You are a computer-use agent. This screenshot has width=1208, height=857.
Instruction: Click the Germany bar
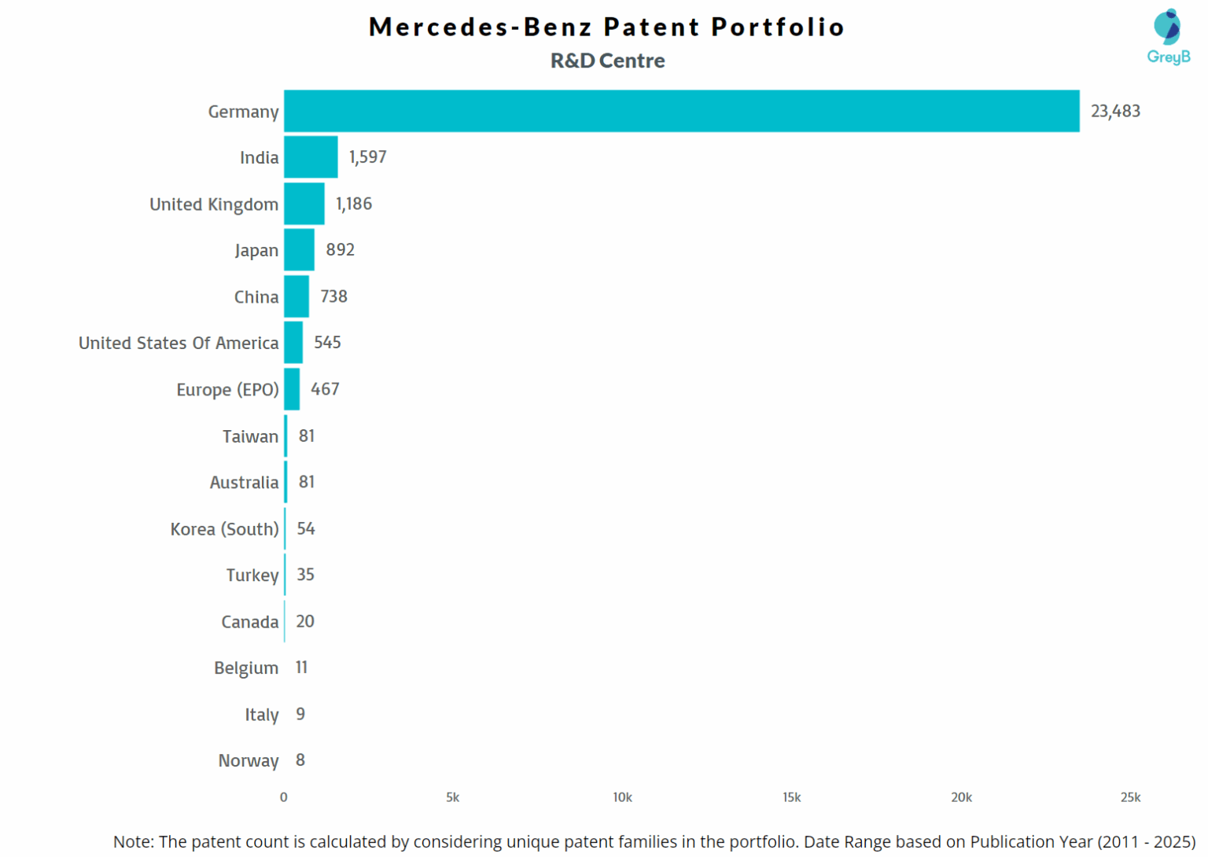coord(681,111)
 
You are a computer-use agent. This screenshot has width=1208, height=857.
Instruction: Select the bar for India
coord(311,157)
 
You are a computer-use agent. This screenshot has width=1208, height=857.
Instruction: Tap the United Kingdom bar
coord(304,204)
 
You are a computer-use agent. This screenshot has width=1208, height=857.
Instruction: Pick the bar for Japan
coord(299,250)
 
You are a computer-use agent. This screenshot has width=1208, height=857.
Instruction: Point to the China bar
coord(296,296)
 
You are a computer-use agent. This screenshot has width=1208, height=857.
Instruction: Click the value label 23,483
coord(1114,111)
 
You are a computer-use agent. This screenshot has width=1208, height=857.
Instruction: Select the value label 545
coord(327,343)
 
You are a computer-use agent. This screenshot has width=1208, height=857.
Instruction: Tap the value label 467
coord(325,389)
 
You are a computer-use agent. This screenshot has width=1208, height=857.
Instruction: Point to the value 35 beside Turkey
coord(305,575)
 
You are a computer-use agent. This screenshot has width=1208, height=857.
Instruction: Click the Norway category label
coord(248,760)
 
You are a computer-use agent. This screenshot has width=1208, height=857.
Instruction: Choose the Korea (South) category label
coord(224,529)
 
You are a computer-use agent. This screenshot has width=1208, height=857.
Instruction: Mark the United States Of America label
coord(179,343)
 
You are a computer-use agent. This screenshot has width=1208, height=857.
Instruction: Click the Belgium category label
coord(245,668)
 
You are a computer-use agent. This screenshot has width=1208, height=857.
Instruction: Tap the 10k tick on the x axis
coord(622,797)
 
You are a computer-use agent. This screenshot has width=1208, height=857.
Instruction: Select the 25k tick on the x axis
coord(1130,797)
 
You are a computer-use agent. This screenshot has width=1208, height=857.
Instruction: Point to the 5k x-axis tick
coord(452,797)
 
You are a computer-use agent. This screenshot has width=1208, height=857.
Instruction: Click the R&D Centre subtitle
coord(607,61)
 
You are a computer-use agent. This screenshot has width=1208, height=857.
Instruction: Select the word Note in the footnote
coord(131,842)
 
